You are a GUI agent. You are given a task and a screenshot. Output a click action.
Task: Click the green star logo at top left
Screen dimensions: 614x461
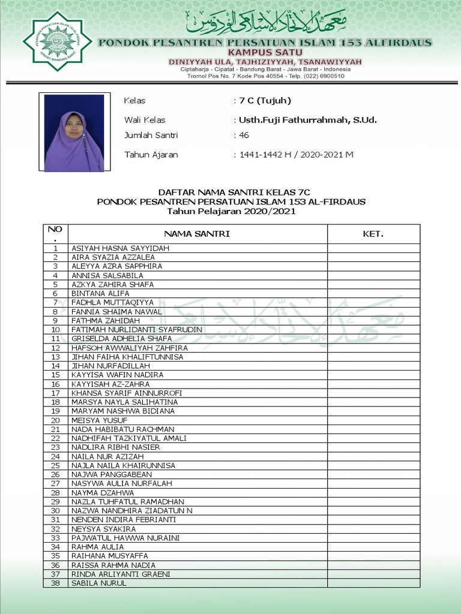(x=57, y=41)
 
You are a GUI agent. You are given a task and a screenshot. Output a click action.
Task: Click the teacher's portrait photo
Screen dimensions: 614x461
(x=74, y=132)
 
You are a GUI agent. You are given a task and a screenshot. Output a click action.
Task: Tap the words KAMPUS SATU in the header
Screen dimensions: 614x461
(x=265, y=53)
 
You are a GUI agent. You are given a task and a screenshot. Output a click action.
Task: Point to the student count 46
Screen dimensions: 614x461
(x=244, y=136)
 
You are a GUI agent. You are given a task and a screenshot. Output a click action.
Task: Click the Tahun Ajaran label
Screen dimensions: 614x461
(x=151, y=155)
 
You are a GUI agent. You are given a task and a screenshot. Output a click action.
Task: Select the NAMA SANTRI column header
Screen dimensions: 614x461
(x=197, y=234)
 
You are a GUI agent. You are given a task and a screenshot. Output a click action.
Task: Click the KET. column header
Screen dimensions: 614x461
(x=373, y=234)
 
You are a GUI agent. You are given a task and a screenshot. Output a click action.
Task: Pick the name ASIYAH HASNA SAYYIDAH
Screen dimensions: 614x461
(x=120, y=248)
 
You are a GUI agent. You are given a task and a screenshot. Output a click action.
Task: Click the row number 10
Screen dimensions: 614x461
(x=55, y=330)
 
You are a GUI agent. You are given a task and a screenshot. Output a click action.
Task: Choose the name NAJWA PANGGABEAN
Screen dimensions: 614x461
(x=112, y=474)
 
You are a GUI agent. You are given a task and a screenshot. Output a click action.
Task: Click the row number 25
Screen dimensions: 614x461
(x=55, y=465)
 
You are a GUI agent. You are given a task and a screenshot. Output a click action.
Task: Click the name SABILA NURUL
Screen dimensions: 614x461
(x=99, y=583)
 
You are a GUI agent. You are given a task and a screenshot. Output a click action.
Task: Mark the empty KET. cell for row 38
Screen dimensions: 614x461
(x=373, y=583)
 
